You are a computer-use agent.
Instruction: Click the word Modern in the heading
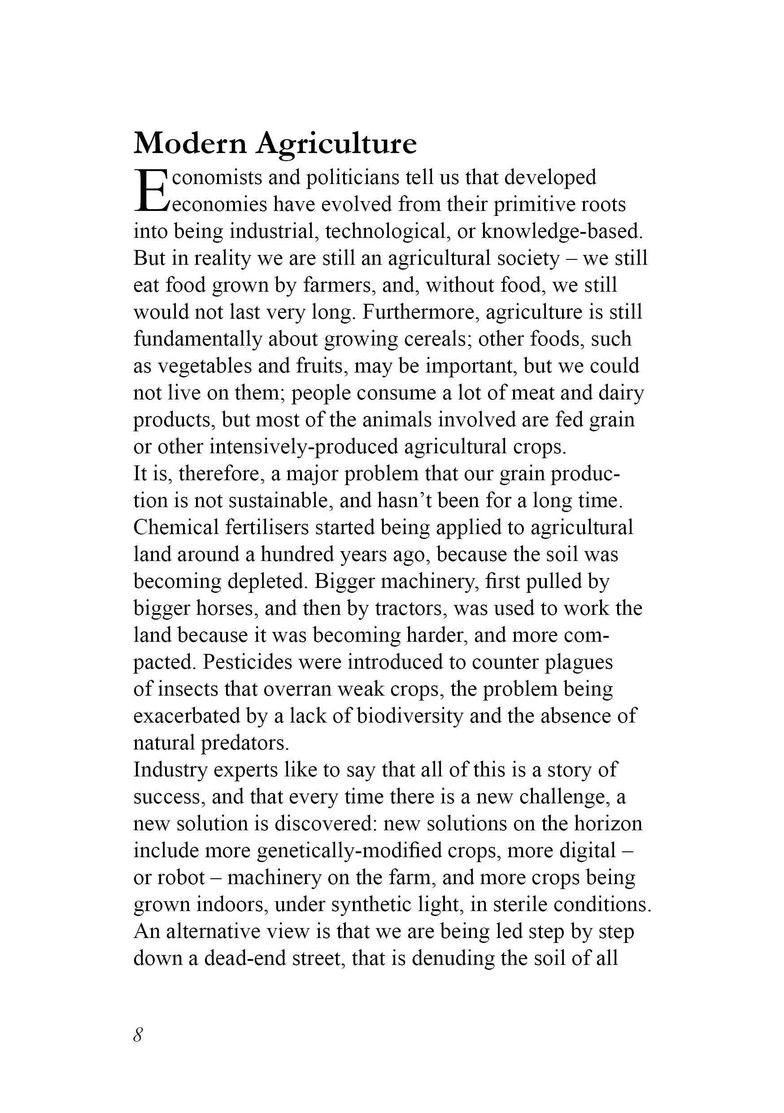tap(189, 144)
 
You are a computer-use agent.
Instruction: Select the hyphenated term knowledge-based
tap(561, 232)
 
